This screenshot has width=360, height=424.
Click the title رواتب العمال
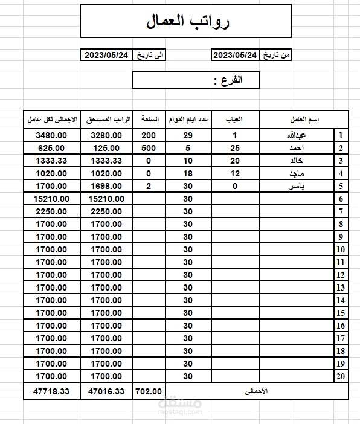click(x=188, y=22)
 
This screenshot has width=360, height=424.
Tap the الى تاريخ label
click(x=149, y=56)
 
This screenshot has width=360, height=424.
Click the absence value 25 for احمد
click(x=234, y=149)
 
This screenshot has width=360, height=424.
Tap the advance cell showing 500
click(x=149, y=149)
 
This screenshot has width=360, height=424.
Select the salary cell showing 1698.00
click(x=106, y=187)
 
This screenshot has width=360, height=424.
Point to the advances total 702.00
click(x=149, y=391)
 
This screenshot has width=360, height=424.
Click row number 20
click(x=341, y=376)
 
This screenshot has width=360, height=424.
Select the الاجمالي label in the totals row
click(x=256, y=391)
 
